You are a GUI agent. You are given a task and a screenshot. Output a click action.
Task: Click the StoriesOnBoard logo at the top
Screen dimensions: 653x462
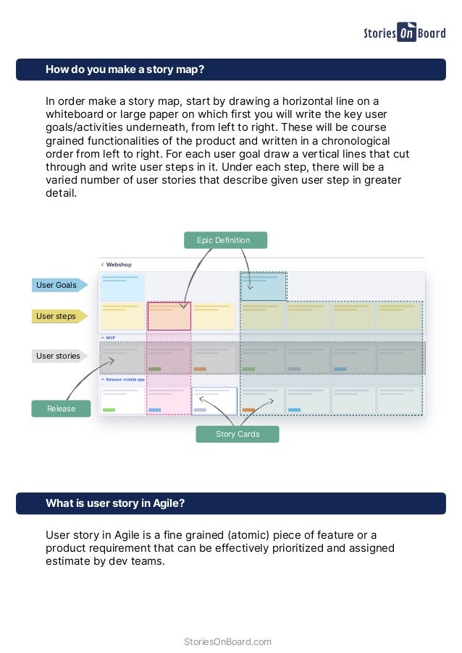(404, 33)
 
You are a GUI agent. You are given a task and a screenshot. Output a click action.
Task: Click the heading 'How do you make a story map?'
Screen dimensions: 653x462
(125, 69)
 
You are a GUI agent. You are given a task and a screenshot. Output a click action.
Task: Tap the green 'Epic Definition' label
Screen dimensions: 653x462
(225, 240)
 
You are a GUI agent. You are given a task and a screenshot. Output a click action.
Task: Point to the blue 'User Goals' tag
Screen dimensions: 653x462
(58, 285)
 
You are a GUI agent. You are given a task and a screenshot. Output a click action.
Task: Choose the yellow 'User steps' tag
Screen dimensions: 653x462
(57, 316)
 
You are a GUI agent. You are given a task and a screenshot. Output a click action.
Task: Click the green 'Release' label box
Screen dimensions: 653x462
(61, 409)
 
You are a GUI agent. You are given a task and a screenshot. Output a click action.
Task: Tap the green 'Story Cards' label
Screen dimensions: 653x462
(238, 434)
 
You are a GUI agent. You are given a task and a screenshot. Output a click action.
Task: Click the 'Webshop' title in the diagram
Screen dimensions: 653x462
(119, 265)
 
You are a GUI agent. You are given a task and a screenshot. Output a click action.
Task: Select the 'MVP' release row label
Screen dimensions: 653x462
(110, 338)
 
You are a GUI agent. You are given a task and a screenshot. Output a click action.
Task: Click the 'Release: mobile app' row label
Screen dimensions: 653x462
(125, 379)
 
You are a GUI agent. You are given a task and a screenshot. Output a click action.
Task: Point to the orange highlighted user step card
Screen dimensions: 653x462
(169, 316)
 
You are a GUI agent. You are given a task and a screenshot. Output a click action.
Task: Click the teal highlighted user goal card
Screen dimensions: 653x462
(263, 286)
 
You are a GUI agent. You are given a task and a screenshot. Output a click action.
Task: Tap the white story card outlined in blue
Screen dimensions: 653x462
(214, 400)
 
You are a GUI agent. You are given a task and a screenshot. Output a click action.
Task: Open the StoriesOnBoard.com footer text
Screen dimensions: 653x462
(228, 641)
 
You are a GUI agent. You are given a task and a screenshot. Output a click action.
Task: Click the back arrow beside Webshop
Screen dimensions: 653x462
(102, 265)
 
